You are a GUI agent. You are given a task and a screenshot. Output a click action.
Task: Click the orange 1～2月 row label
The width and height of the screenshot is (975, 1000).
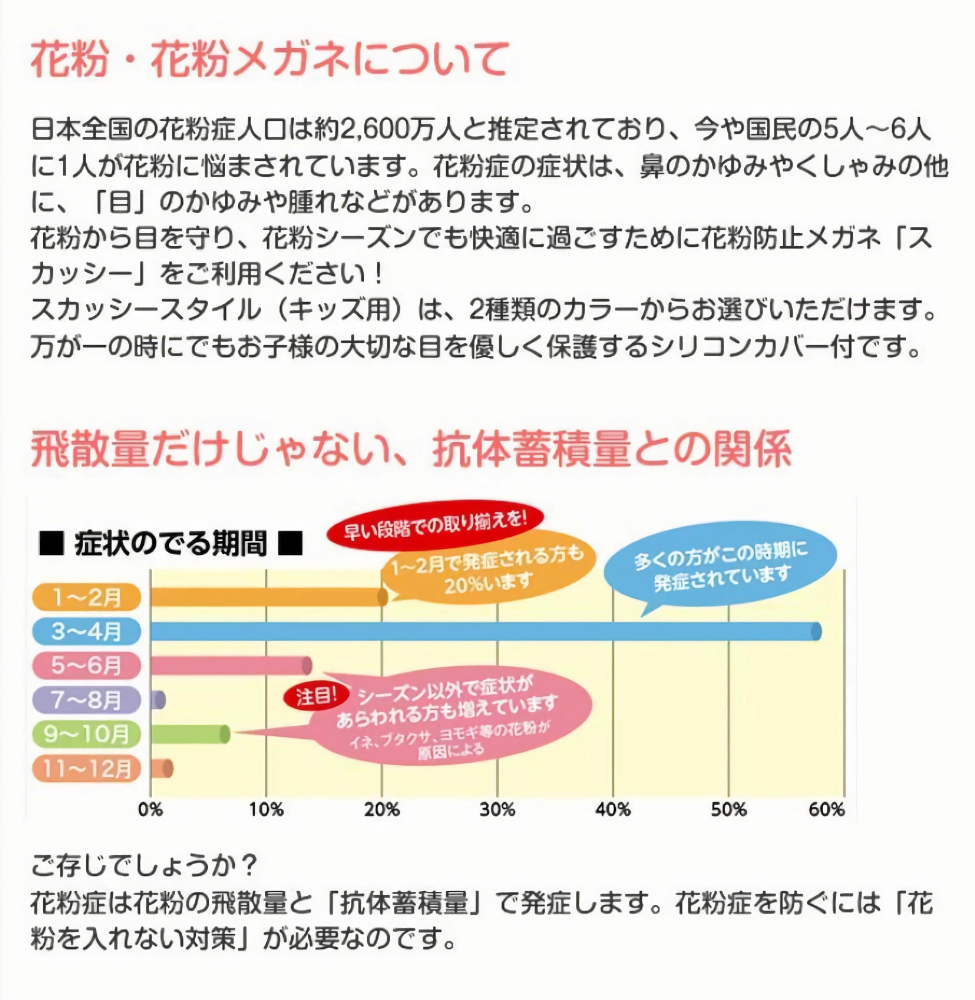pos(86,597)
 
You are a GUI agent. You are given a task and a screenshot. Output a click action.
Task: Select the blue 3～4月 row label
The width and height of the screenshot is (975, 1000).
pos(86,631)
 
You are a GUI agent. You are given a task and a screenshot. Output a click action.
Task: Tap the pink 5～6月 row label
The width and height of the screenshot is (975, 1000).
pos(86,666)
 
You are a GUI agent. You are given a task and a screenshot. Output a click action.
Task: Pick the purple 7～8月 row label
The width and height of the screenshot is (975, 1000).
pos(86,700)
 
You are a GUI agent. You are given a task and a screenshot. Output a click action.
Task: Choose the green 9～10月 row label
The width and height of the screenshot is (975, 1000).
pos(86,734)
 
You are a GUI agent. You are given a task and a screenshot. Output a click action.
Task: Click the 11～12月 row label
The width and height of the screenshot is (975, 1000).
pos(86,768)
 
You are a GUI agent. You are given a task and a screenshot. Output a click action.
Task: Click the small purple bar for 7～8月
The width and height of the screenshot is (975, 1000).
pos(158,700)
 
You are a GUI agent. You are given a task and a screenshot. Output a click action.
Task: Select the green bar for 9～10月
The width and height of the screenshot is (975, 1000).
pos(189,734)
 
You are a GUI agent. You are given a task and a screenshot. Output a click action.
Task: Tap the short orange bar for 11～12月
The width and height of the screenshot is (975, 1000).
pos(161,768)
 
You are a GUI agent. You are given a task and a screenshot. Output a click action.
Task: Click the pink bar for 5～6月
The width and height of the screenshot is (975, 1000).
pos(230,666)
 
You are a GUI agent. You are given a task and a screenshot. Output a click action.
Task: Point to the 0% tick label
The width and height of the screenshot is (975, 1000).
pos(150,809)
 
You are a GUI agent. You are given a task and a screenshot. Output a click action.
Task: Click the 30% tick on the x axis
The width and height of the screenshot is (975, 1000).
pos(497,809)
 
